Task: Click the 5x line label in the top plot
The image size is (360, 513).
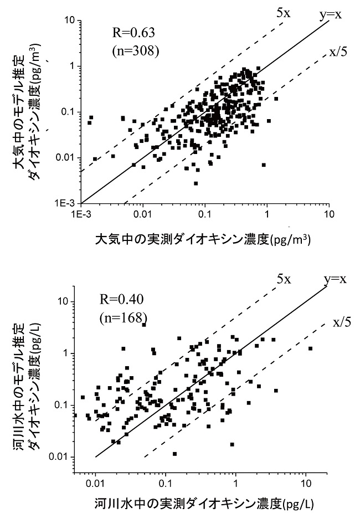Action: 283,12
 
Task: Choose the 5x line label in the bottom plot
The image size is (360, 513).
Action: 284,279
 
